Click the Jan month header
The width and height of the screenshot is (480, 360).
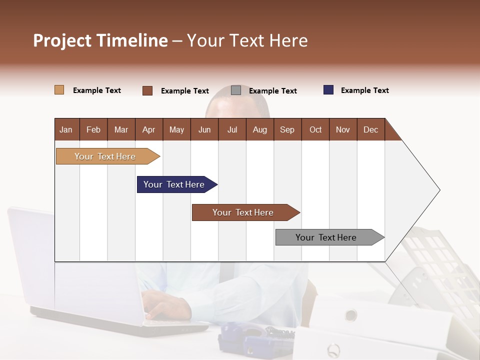tap(66, 129)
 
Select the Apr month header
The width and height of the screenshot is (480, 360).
tap(149, 129)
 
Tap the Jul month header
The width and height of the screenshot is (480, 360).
tap(232, 129)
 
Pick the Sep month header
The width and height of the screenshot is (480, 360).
tap(287, 129)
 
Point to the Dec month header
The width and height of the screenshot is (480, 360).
tap(370, 129)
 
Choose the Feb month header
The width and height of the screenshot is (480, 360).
tap(93, 129)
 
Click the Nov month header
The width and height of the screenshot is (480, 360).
tap(343, 129)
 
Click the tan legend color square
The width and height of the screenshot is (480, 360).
tap(59, 90)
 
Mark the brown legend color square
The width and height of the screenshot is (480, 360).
tap(147, 90)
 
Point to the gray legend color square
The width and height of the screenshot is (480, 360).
tap(236, 90)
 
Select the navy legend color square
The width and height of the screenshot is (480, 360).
tap(328, 90)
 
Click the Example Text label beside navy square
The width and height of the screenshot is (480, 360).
tap(364, 90)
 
